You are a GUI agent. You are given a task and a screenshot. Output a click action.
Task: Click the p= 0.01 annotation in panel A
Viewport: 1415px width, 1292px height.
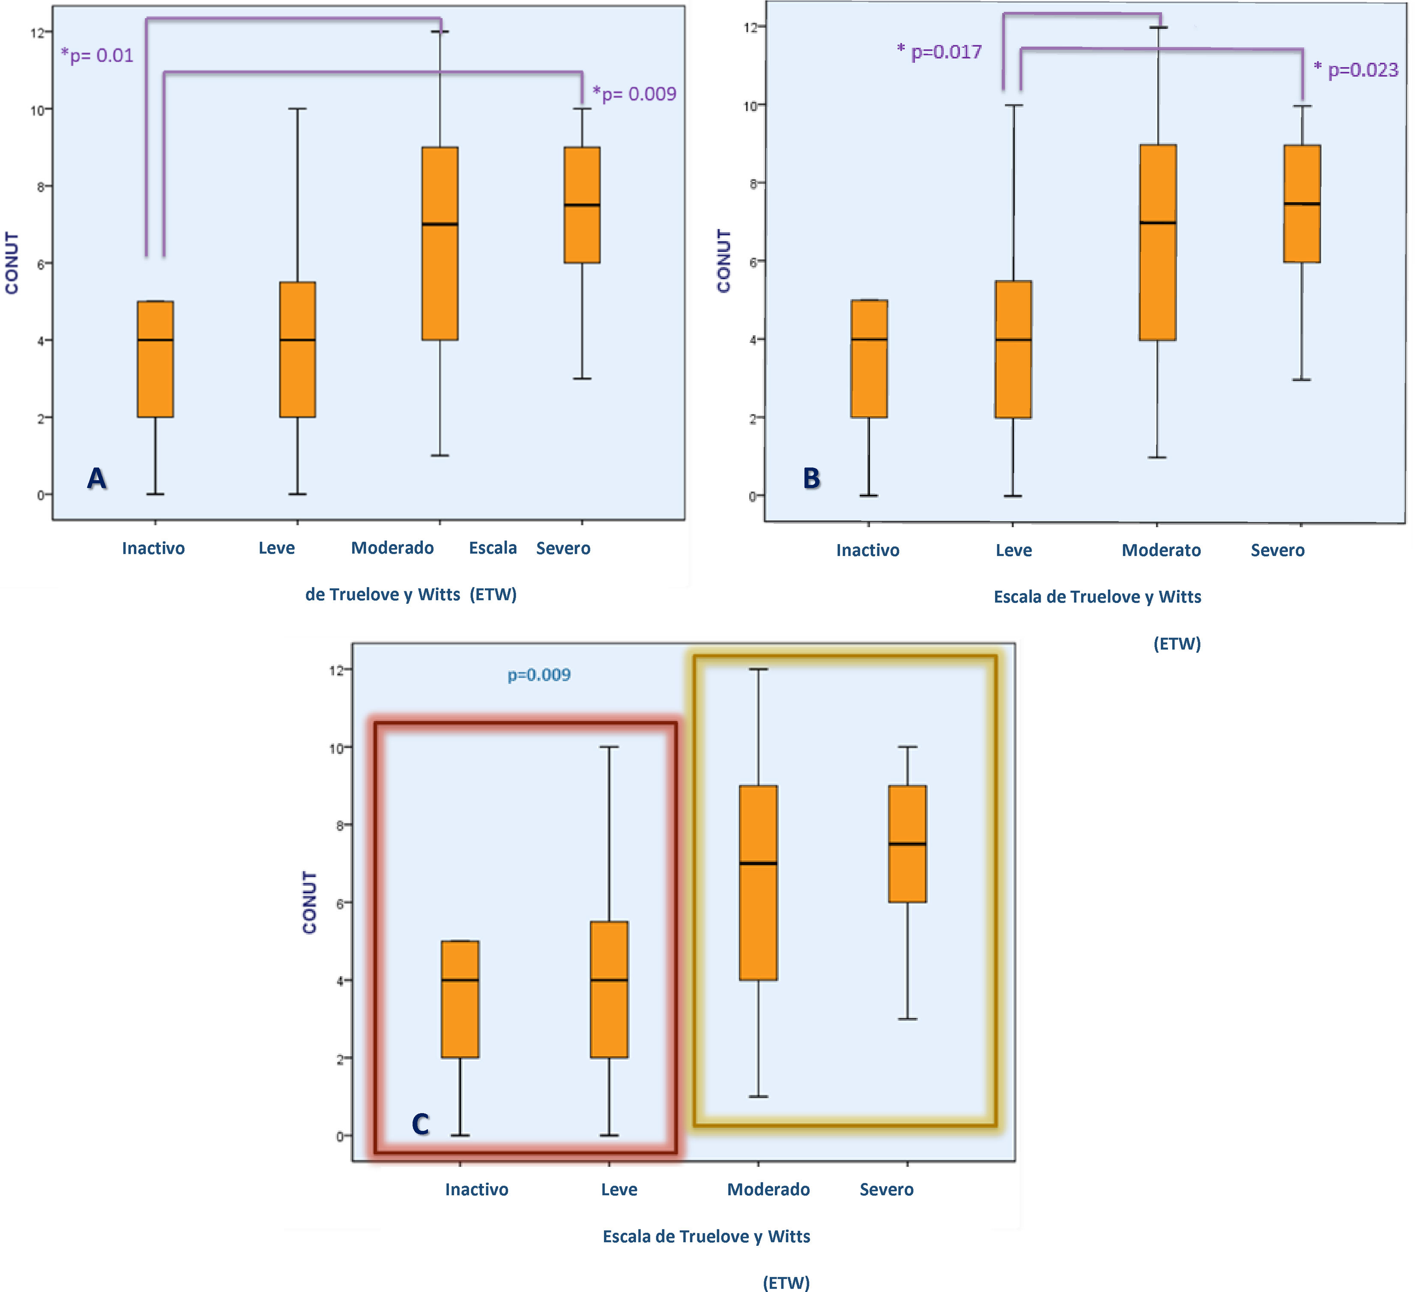click(x=98, y=55)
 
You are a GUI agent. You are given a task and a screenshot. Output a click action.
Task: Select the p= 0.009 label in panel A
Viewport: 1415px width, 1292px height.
click(x=635, y=94)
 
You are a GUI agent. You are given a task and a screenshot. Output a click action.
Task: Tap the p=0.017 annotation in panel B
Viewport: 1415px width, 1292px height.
click(x=940, y=52)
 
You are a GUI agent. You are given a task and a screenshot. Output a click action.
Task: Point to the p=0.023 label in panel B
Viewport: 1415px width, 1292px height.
click(x=1357, y=69)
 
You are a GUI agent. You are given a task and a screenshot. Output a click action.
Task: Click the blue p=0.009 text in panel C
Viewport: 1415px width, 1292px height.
click(x=539, y=675)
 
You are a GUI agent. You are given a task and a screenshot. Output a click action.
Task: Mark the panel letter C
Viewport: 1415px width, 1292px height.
click(x=420, y=1124)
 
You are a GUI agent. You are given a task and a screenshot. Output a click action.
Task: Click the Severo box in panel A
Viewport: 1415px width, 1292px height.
click(x=582, y=205)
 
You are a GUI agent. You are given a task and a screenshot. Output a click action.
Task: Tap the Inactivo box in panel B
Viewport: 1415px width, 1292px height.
click(x=869, y=359)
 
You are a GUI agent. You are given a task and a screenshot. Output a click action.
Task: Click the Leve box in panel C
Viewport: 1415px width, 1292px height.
click(x=609, y=989)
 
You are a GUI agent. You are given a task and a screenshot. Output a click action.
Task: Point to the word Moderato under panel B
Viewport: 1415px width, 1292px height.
click(x=1161, y=551)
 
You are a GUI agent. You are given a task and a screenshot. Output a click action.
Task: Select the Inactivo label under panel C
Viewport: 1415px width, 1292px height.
click(x=476, y=1190)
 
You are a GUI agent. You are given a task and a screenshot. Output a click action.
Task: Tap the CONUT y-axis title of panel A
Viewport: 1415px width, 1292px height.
click(x=12, y=263)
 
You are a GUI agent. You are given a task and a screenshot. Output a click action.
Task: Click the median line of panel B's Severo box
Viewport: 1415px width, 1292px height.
click(x=1302, y=204)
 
